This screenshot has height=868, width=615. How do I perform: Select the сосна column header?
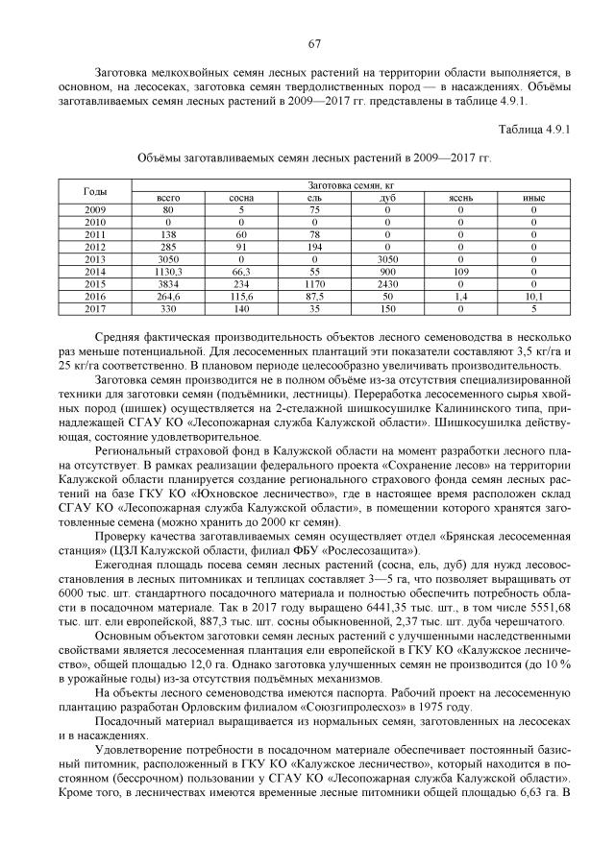coord(241,198)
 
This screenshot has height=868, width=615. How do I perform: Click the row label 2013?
coord(96,259)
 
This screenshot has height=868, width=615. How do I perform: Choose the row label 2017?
coord(96,309)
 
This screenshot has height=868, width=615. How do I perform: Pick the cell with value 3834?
coord(168,284)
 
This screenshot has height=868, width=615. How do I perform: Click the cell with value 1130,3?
coord(168,272)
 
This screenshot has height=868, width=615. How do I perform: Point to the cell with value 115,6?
coord(241,297)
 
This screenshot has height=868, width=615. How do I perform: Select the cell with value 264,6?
coord(168,297)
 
